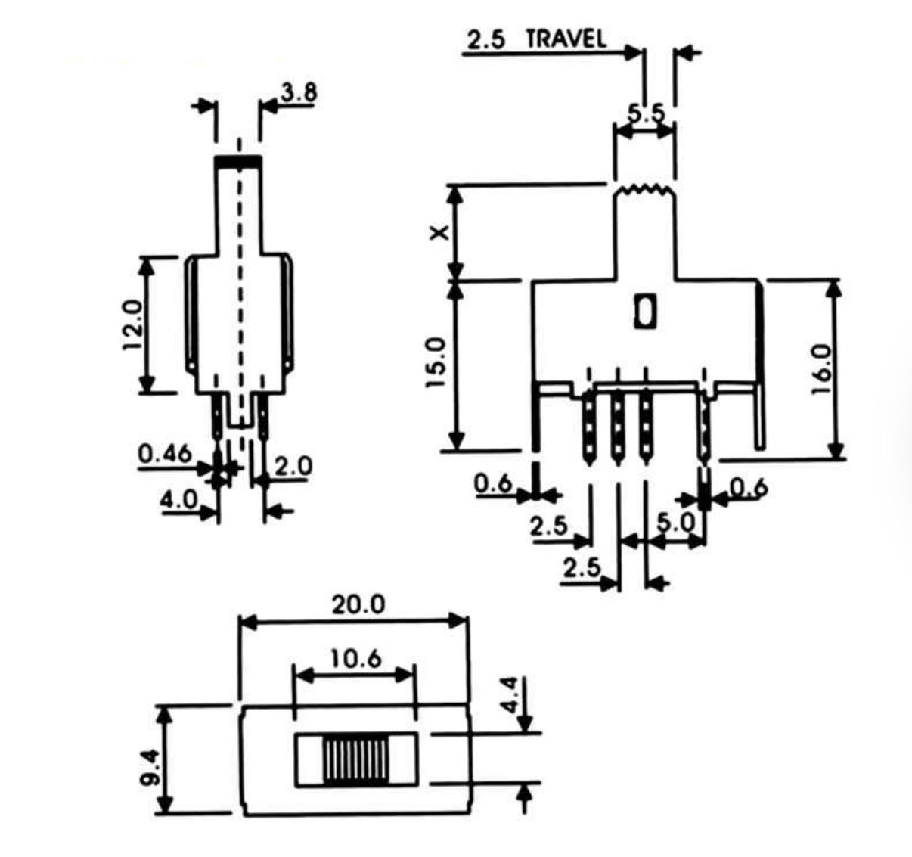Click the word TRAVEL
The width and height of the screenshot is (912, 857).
point(566,39)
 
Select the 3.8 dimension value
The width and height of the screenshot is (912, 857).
point(299,92)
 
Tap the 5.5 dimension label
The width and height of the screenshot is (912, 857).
point(646,113)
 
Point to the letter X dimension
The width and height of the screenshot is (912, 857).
point(440,233)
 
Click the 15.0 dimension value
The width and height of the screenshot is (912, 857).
point(436,363)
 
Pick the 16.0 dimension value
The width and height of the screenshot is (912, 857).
point(821,369)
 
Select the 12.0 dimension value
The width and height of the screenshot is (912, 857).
point(134,325)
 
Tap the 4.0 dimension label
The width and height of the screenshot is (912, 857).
point(178,499)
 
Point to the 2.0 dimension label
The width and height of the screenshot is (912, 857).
point(293,467)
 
